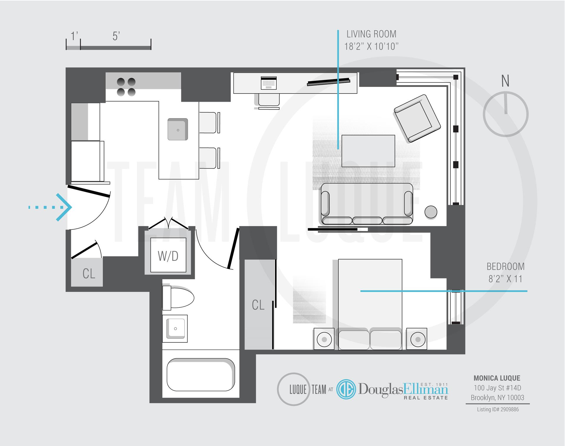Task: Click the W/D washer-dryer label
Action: click(x=168, y=256)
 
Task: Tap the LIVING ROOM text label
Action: click(x=371, y=34)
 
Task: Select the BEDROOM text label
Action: click(x=505, y=266)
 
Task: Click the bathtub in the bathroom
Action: click(x=201, y=374)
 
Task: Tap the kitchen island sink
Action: click(x=178, y=129)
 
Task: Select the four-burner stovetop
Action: click(x=126, y=87)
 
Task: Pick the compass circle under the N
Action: click(x=506, y=114)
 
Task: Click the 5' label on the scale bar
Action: click(x=116, y=37)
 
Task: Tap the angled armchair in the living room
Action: click(x=417, y=118)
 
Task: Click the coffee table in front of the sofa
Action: click(x=368, y=151)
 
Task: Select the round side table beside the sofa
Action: click(x=431, y=212)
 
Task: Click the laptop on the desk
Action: click(x=269, y=83)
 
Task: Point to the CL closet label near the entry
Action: click(x=89, y=274)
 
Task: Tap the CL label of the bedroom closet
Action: click(x=258, y=305)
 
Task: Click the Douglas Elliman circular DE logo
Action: click(x=346, y=389)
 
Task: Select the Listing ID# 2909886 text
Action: click(x=498, y=409)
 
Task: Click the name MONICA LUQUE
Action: click(x=497, y=378)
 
